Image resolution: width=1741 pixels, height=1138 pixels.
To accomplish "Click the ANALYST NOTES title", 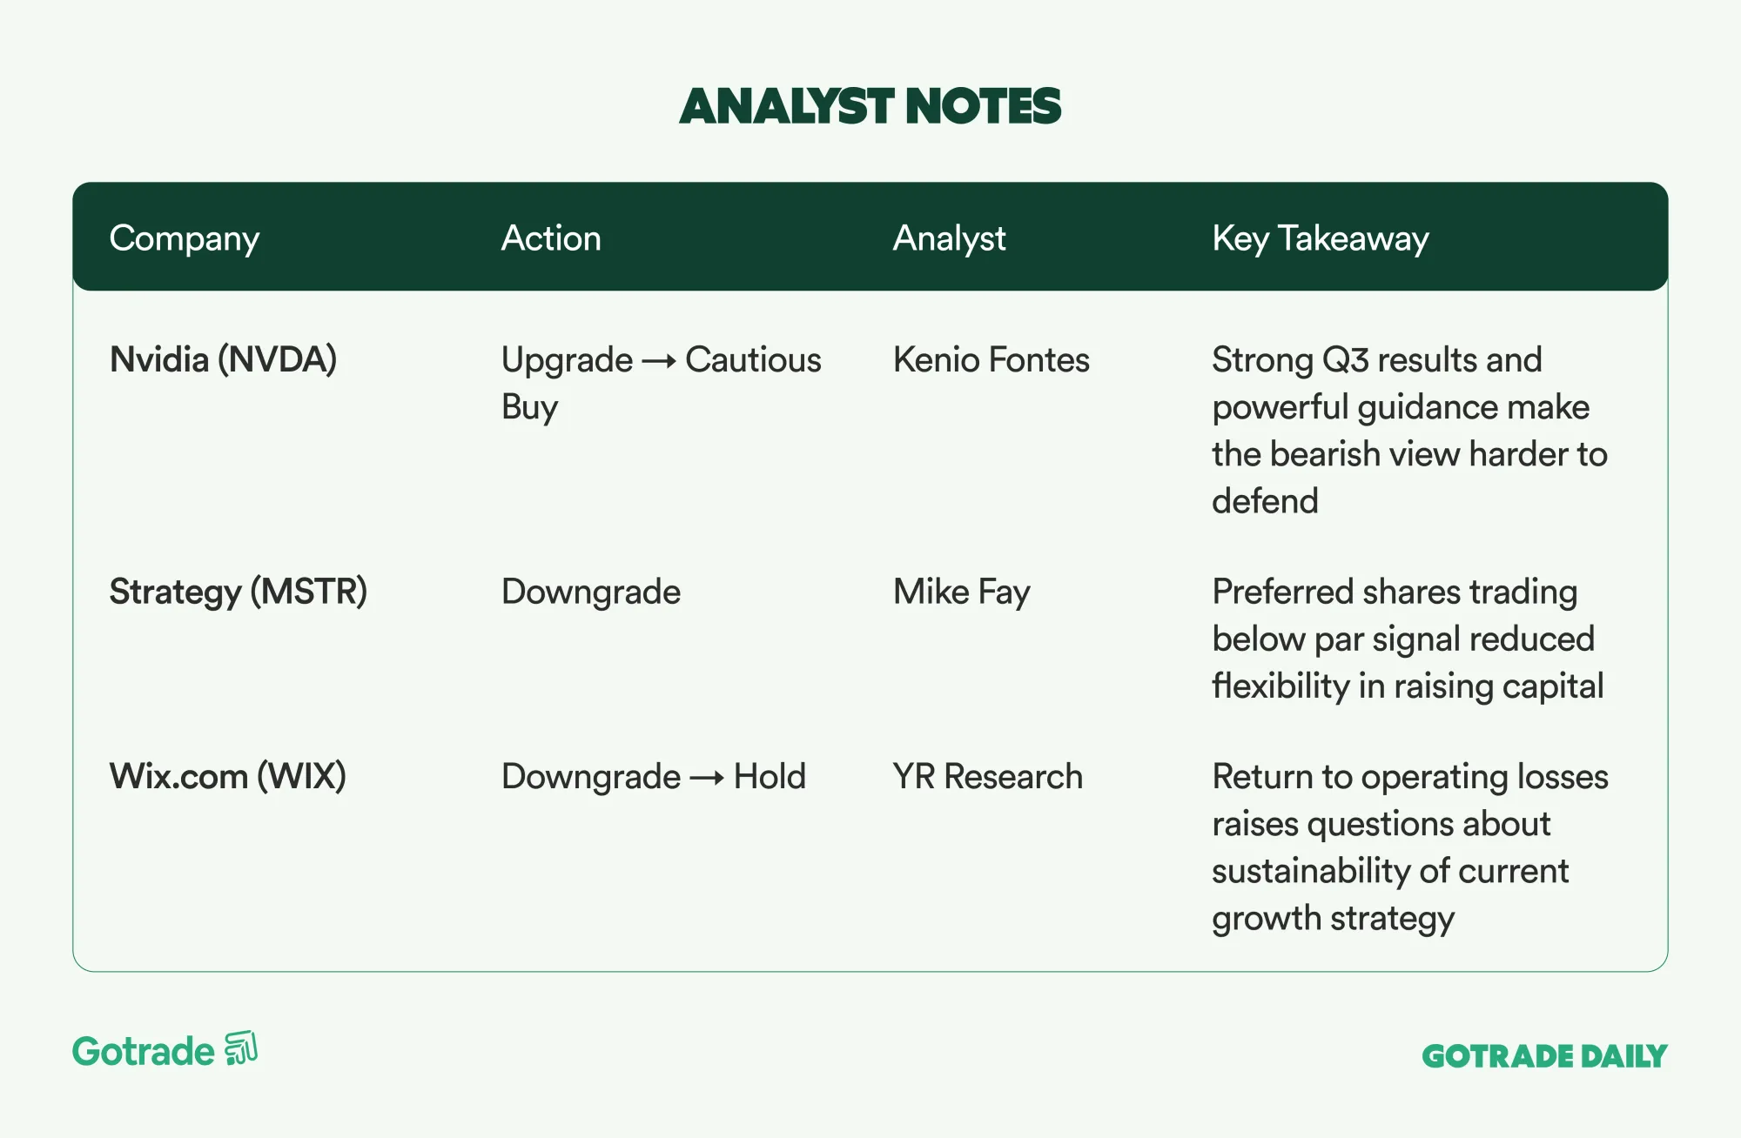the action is (x=870, y=106).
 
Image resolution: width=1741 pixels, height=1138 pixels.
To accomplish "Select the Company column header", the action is (x=185, y=239).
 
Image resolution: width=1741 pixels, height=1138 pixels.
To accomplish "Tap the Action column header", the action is (x=551, y=238).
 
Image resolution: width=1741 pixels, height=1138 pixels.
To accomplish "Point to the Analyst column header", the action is (x=949, y=239).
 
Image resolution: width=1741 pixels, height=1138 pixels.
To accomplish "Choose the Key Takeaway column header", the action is (x=1321, y=239).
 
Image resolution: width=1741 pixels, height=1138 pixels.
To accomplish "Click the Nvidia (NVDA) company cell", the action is (x=224, y=360).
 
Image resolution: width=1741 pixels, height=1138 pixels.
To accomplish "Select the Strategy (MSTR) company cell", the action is (x=239, y=592).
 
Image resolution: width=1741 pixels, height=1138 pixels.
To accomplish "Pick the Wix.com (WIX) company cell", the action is (x=228, y=776).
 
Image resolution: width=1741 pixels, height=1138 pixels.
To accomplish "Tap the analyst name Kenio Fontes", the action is (x=991, y=360).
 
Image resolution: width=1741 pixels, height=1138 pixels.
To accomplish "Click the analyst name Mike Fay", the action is (x=962, y=592).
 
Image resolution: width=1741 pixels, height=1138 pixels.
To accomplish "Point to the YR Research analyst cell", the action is (x=988, y=776).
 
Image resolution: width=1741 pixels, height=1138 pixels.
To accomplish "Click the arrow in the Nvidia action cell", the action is (x=659, y=362).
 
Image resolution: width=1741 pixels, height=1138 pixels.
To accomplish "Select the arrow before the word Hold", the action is (x=707, y=778).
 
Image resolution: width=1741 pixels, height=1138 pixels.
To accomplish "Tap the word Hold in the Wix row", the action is (x=770, y=776).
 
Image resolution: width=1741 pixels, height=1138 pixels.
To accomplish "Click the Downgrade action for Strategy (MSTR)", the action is (x=591, y=592).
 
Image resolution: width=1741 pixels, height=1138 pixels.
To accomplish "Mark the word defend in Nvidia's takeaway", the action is (x=1265, y=501).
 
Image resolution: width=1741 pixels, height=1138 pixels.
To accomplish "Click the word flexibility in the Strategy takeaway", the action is (x=1281, y=686).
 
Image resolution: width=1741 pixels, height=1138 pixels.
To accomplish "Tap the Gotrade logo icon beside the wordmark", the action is (x=241, y=1048).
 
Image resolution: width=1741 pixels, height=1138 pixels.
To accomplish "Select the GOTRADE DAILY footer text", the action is (x=1544, y=1056).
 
